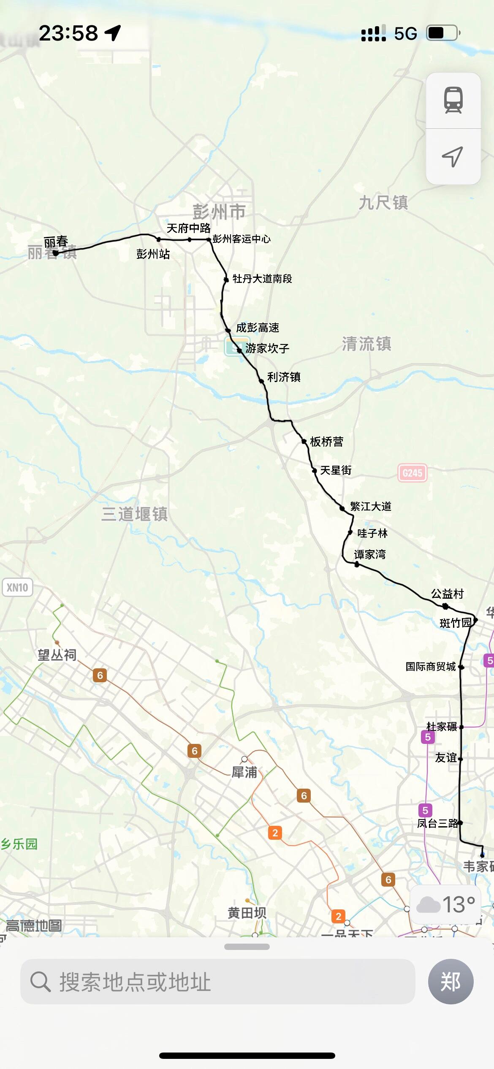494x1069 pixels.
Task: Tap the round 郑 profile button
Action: [x=451, y=981]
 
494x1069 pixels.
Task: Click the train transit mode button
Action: [x=453, y=100]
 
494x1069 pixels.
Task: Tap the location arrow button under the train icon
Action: [x=453, y=157]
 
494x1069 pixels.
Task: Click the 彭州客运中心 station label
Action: [x=241, y=239]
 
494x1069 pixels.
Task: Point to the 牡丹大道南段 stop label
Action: [x=262, y=279]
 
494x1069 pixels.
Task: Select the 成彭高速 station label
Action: [x=258, y=328]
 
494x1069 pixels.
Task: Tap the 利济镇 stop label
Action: [x=284, y=377]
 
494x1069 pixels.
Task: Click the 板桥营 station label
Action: [x=326, y=442]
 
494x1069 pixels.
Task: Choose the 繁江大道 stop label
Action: [x=371, y=506]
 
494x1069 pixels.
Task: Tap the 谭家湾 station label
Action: [x=370, y=554]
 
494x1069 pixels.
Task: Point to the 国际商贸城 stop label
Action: [x=431, y=666]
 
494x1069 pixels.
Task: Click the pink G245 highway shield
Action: [x=412, y=473]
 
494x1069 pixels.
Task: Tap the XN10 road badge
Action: [x=17, y=587]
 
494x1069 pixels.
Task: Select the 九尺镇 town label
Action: [x=383, y=203]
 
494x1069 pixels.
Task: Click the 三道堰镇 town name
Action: [x=135, y=514]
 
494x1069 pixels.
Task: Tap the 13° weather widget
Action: [x=446, y=904]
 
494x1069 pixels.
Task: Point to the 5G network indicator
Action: [x=405, y=33]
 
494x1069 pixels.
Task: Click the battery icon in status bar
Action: [x=443, y=33]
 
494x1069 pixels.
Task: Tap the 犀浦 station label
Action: [x=244, y=772]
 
